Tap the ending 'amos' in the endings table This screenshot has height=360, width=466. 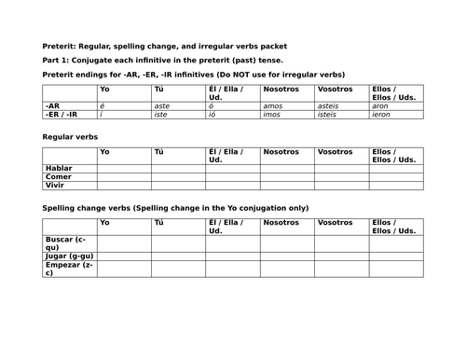point(274,107)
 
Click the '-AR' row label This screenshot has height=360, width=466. point(52,107)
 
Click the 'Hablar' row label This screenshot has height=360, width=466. point(58,168)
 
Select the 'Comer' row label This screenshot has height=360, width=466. point(58,176)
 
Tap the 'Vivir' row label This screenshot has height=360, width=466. point(55,185)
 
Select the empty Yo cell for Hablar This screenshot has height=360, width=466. point(123,168)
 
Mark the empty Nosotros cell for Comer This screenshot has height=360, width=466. point(287,176)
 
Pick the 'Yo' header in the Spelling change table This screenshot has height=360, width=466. point(104,222)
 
